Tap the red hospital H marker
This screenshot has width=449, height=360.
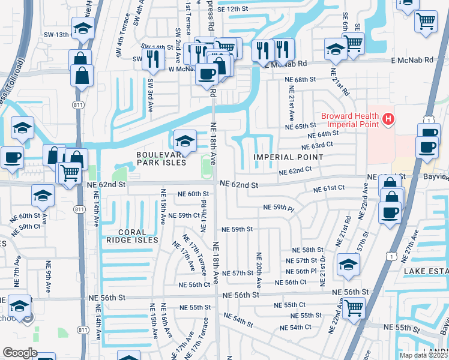(x=388, y=119)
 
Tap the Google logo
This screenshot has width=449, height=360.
(x=20, y=353)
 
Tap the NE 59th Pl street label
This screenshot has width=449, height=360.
(x=279, y=208)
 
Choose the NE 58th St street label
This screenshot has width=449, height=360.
(x=307, y=250)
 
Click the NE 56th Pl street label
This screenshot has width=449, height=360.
(x=315, y=271)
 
